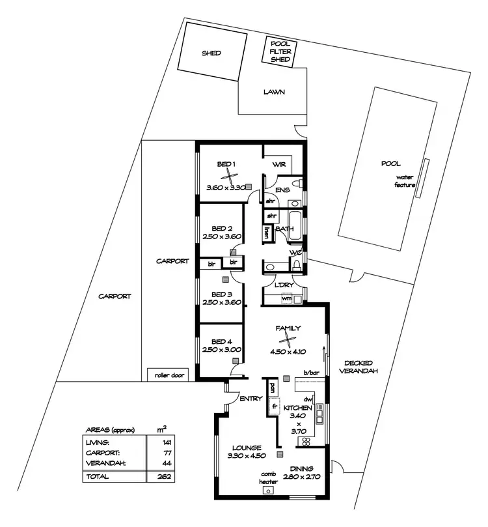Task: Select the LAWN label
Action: pyautogui.click(x=274, y=92)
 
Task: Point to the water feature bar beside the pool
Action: pyautogui.click(x=423, y=178)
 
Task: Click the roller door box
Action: pyautogui.click(x=167, y=375)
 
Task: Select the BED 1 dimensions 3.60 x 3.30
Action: pyautogui.click(x=224, y=188)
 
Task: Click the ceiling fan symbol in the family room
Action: pyautogui.click(x=287, y=337)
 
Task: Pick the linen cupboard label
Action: pyautogui.click(x=267, y=231)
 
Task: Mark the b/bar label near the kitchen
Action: pyautogui.click(x=310, y=373)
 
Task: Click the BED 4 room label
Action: pyautogui.click(x=222, y=341)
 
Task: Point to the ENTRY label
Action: pyautogui.click(x=251, y=399)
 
